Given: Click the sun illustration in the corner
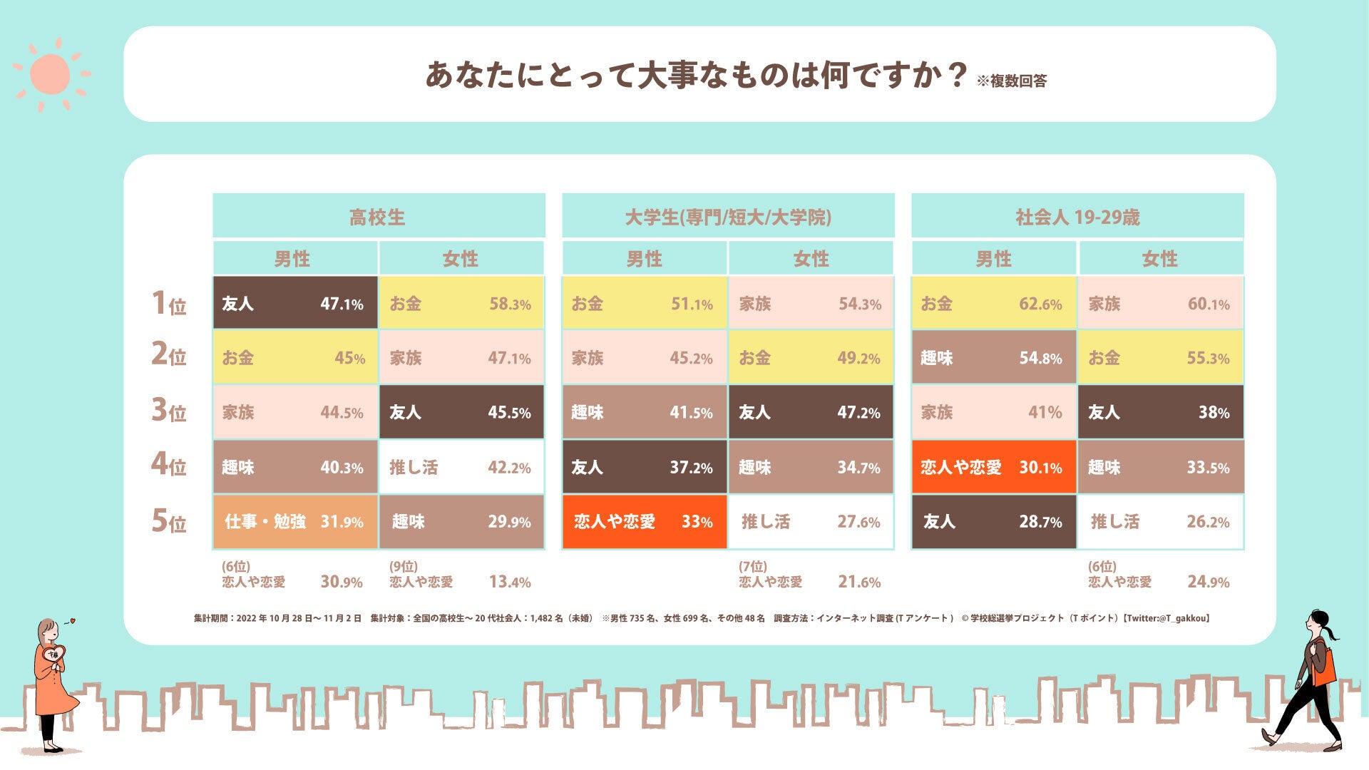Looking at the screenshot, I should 51,74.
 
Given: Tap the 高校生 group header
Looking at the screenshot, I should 378,216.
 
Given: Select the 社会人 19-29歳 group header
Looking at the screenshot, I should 1077,216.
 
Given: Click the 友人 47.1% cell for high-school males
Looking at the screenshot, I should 294,303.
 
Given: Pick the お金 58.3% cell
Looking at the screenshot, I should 461,303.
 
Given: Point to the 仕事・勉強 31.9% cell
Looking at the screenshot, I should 294,521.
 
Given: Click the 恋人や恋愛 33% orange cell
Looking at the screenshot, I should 644,521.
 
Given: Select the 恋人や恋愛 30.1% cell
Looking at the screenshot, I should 993,467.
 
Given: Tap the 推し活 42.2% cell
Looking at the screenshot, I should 461,467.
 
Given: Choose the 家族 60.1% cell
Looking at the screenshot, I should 1160,303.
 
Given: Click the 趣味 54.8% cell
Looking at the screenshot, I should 993,357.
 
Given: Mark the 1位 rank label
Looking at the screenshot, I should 168,303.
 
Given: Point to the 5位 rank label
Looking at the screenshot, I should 168,521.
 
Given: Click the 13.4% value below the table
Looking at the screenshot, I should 509,582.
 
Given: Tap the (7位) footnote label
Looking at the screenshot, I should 753,567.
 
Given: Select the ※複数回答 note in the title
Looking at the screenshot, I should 1012,81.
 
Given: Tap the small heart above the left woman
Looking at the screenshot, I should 73,621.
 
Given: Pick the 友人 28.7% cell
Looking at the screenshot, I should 993,521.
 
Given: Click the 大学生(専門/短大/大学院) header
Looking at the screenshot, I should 728,216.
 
